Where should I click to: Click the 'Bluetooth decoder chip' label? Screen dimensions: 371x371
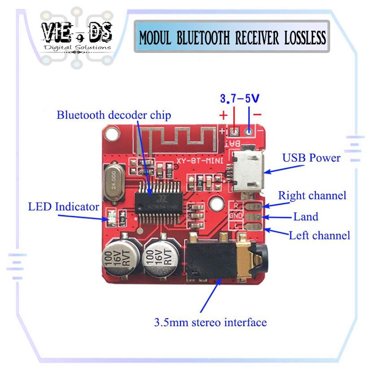[113, 115]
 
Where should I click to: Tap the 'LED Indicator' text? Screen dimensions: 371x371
[63, 207]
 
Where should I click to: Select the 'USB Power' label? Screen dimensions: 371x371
[311, 158]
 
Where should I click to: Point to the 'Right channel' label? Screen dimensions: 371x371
[312, 196]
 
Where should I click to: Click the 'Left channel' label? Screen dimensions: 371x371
[319, 235]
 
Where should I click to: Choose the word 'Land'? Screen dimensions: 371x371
[306, 217]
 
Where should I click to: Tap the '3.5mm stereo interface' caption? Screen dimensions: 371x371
[210, 322]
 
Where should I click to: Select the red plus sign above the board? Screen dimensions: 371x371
[223, 115]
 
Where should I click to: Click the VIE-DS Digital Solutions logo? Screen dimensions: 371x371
[77, 37]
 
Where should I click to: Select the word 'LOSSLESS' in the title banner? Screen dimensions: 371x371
[305, 38]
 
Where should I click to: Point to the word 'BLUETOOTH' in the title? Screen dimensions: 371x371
[203, 38]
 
